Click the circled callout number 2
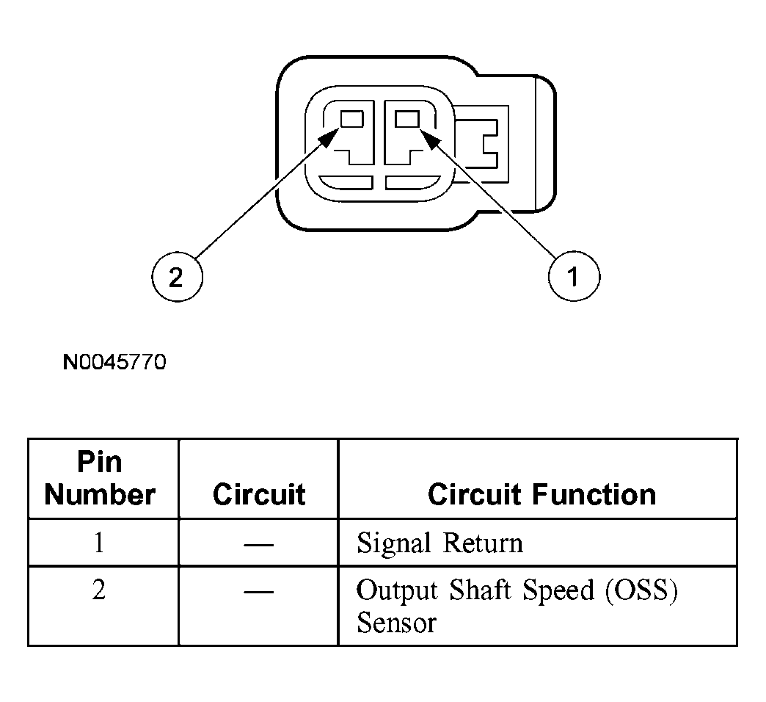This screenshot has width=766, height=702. pos(177,277)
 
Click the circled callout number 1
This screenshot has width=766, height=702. pos(574,276)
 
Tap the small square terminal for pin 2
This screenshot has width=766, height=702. pos(351,119)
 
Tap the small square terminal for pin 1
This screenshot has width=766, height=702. pos(407,119)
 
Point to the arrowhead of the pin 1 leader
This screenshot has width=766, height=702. pos(431,138)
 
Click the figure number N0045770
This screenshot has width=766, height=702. pos(114,362)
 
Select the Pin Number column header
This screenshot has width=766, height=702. pos(100,478)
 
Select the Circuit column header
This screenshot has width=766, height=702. pos(259,494)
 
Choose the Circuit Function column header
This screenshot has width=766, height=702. pos(541,494)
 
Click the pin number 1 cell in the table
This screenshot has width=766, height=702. pos(99,542)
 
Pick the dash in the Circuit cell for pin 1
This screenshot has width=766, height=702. pos(258,543)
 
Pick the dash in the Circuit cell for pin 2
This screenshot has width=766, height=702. pos(258,591)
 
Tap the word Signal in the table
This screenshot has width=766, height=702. pos(394,544)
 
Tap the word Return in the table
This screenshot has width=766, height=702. pos(483,543)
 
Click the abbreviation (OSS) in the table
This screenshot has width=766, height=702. pos(642,590)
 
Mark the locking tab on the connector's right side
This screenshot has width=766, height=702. pos(481,144)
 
